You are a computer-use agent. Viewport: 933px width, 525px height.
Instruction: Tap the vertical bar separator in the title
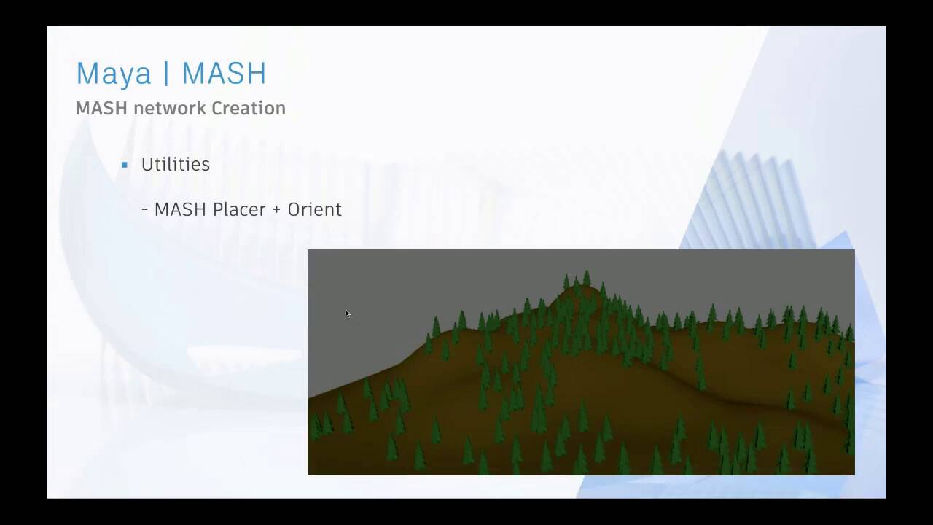click(x=166, y=74)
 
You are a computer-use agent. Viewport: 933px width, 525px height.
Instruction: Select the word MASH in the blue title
click(x=224, y=74)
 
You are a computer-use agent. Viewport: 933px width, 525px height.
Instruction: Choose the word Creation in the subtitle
click(x=248, y=108)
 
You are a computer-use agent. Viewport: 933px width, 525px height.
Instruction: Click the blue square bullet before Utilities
click(x=125, y=165)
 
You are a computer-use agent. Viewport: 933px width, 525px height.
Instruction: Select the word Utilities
click(x=175, y=164)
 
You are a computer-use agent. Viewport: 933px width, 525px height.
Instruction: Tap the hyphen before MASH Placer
click(x=145, y=210)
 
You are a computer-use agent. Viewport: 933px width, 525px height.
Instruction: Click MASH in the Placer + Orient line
click(x=181, y=209)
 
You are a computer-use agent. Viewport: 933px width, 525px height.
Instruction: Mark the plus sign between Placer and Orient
click(x=276, y=210)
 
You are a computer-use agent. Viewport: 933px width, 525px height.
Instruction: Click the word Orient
click(x=314, y=209)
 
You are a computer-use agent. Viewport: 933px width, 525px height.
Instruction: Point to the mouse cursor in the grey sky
click(x=348, y=314)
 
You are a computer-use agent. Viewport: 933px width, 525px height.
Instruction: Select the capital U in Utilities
click(x=147, y=164)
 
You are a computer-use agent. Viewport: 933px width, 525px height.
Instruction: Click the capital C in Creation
click(x=217, y=108)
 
